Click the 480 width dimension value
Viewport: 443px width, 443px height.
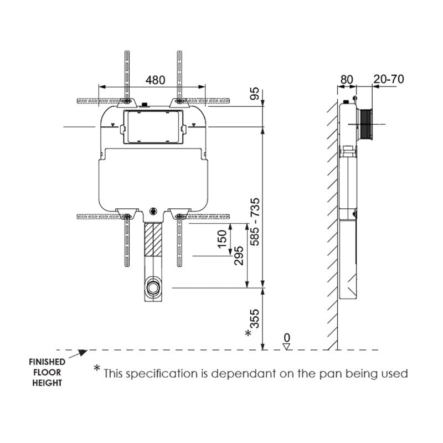tap(156, 80)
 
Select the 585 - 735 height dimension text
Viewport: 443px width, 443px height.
tap(255, 223)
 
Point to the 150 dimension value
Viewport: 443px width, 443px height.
tap(222, 239)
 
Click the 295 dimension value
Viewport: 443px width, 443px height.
tap(239, 256)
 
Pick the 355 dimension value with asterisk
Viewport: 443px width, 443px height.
tap(254, 321)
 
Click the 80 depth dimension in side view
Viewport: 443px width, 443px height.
tap(346, 79)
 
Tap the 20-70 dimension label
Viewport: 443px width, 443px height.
tap(388, 79)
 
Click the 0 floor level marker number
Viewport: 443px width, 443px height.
tap(286, 337)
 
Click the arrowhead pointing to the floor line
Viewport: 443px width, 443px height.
tap(83, 352)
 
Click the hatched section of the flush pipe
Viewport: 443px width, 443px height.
tap(153, 239)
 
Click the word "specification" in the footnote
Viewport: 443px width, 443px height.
tap(153, 374)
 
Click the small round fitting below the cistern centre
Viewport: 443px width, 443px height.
tap(153, 211)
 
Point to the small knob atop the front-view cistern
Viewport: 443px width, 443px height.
tap(145, 104)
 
